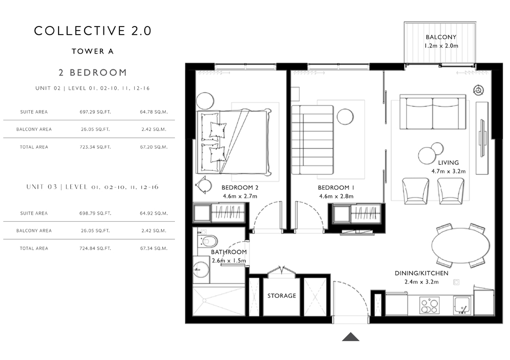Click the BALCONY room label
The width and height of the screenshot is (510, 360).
click(x=441, y=37)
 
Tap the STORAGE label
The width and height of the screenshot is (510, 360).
click(x=282, y=296)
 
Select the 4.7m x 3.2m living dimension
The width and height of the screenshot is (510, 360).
click(x=448, y=171)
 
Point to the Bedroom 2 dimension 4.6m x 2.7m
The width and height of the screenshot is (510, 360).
click(x=240, y=196)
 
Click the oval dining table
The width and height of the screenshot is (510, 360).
click(x=460, y=246)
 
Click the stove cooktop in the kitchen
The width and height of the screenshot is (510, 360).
click(x=429, y=305)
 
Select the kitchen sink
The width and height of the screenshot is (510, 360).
click(x=462, y=305)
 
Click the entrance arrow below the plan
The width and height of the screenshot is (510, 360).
click(x=350, y=337)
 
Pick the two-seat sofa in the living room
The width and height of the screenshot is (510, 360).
click(x=432, y=112)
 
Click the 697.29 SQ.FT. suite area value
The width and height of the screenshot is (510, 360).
click(x=95, y=112)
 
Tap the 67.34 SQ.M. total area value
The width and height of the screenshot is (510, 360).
click(x=154, y=248)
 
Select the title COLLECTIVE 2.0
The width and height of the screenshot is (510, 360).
click(x=93, y=31)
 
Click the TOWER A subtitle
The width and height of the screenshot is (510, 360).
click(x=93, y=52)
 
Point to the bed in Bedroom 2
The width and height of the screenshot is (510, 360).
click(x=234, y=142)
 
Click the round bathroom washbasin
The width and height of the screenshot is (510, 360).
click(x=201, y=269)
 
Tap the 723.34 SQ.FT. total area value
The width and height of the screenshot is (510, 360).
click(x=95, y=147)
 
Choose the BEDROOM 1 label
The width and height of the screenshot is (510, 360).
click(x=336, y=188)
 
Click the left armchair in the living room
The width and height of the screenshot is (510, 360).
click(x=415, y=191)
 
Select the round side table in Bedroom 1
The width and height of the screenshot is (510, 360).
click(x=345, y=117)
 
